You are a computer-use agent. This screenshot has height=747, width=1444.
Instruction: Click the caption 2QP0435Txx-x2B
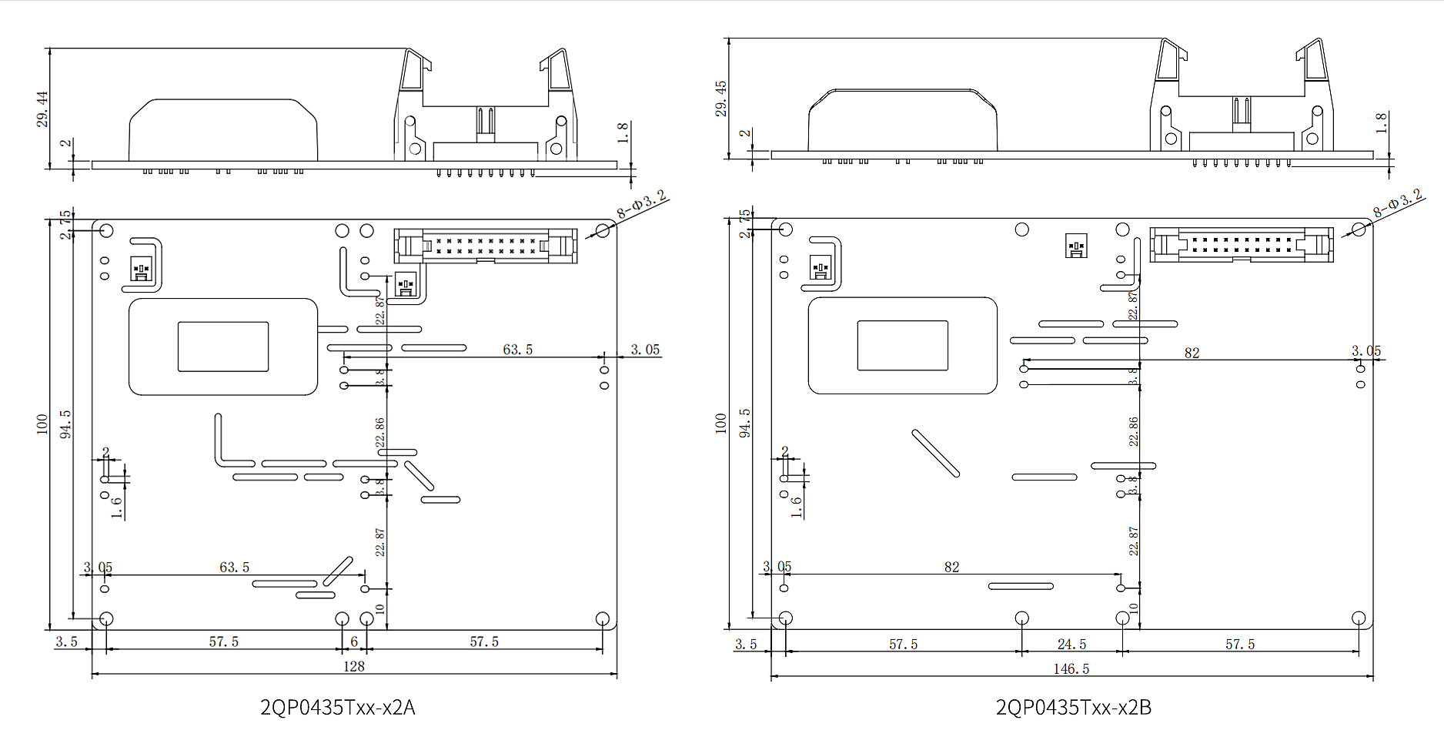1073,707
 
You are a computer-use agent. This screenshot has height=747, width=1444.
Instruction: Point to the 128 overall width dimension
353,666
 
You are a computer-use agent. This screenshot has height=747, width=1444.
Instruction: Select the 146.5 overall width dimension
1071,668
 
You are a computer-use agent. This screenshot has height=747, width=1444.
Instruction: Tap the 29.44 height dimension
42,109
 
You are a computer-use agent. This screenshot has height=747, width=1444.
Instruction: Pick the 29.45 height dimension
721,98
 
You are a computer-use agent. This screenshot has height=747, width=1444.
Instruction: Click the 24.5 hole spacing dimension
1071,644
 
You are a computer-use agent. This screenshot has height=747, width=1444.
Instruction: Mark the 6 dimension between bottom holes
354,641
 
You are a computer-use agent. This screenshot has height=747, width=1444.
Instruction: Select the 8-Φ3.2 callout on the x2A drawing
641,205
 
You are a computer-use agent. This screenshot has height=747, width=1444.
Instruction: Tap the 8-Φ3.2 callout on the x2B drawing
1398,203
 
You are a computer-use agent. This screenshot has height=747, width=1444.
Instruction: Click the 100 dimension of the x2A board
42,424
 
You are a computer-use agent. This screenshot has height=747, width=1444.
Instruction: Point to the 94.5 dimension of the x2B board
745,423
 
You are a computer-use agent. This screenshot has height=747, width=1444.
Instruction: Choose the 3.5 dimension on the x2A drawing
67,641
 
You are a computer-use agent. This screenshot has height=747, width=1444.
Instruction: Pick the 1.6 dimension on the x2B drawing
797,506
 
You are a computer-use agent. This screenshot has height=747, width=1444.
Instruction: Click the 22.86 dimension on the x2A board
380,433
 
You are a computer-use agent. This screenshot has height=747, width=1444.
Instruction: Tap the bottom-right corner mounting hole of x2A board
603,618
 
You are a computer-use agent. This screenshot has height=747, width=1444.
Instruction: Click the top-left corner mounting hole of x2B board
786,229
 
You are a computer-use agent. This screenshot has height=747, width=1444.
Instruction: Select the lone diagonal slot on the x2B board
935,454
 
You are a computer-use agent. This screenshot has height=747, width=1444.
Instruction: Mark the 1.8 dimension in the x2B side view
1382,123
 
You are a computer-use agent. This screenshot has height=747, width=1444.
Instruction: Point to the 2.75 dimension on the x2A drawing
67,223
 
